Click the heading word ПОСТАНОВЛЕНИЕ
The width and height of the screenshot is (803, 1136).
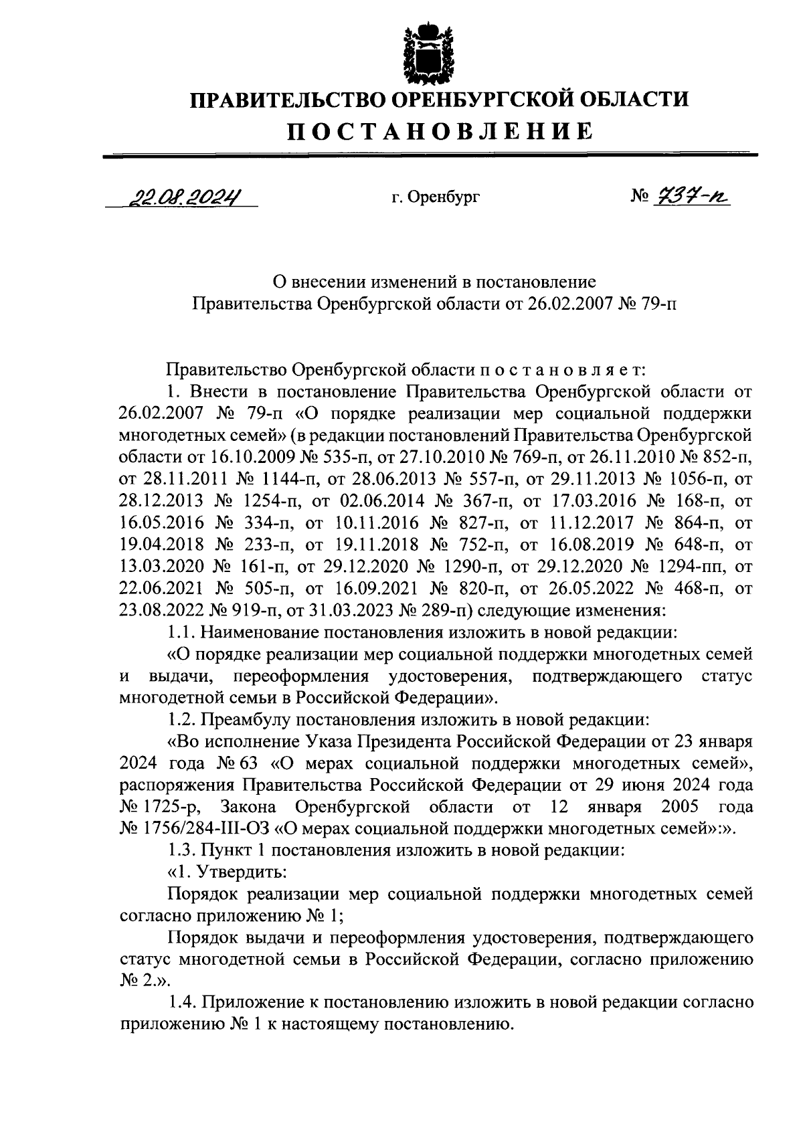pos(440,130)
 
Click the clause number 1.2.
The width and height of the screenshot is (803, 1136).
pos(181,720)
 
